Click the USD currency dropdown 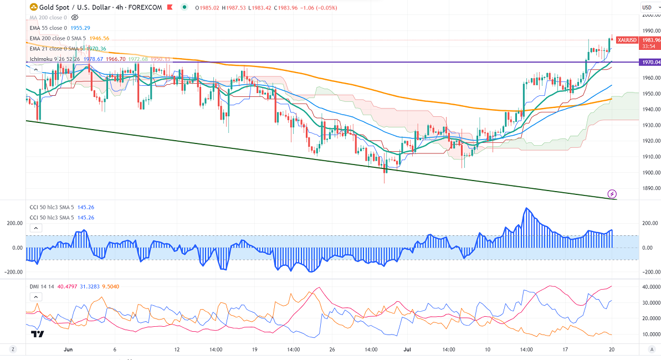click(x=647, y=7)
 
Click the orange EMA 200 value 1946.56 click(x=99, y=38)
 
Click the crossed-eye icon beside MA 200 click(x=75, y=17)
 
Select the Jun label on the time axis click(x=68, y=350)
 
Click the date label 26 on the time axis click(x=332, y=350)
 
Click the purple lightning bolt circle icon click(x=612, y=194)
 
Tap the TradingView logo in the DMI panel click(x=38, y=334)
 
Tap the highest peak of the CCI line click(x=526, y=208)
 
